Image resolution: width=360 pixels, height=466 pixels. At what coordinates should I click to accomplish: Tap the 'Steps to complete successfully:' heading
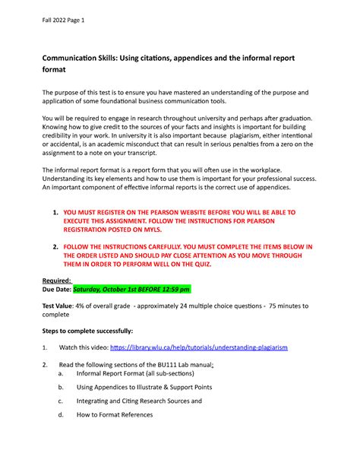pyautogui.click(x=87, y=331)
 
